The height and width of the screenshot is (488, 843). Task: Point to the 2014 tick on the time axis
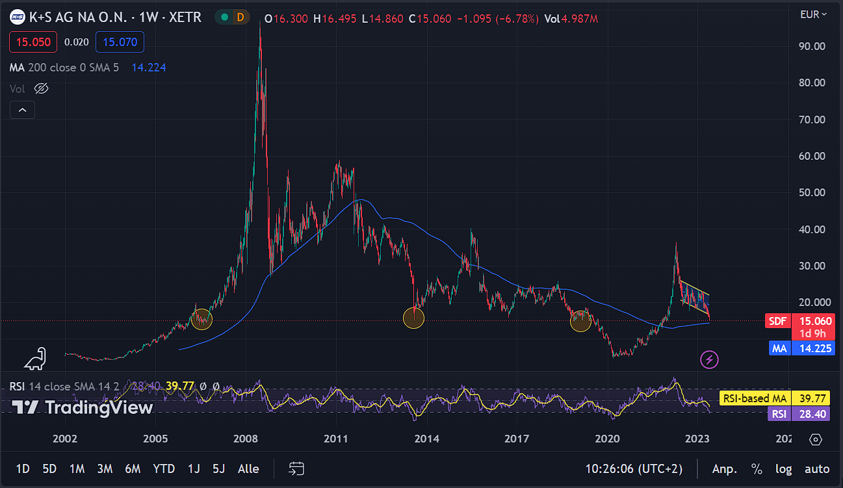426,439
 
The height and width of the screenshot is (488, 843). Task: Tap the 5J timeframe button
218,469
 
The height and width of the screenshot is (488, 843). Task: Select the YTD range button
163,469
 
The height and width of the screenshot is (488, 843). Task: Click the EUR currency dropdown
813,14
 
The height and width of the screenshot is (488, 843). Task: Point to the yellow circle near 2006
202,319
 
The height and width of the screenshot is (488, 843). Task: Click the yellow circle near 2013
414,318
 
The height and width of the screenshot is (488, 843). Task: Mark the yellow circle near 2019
580,321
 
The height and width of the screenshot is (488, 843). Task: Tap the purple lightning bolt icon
710,359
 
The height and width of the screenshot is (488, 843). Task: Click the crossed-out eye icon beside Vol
41,88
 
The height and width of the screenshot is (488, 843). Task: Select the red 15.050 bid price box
33,42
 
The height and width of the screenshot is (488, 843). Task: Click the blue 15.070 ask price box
120,42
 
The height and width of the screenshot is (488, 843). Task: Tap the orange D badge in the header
240,18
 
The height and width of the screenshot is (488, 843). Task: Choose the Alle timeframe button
248,469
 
